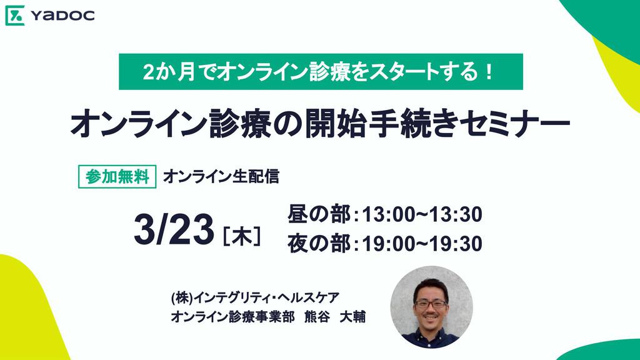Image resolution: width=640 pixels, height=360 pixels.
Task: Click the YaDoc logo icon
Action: click(x=15, y=16)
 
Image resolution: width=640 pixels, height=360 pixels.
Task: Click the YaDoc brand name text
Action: click(x=63, y=16)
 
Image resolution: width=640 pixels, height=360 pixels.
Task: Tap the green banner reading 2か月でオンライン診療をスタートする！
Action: click(x=321, y=71)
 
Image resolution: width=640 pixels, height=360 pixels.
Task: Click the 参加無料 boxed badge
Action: click(x=117, y=177)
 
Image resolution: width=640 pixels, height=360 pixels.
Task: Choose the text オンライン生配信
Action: click(x=221, y=177)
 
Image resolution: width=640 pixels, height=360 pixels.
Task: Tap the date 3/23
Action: click(x=174, y=229)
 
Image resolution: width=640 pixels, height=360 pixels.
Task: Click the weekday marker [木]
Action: click(x=242, y=236)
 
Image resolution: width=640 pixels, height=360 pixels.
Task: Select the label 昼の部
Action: click(x=319, y=214)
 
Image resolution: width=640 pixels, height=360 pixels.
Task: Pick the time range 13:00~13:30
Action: click(x=422, y=215)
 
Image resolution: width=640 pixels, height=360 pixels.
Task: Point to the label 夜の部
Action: click(x=319, y=244)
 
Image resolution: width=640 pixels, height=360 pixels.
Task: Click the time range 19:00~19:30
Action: click(x=422, y=244)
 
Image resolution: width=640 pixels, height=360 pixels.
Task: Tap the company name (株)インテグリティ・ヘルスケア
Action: click(x=255, y=298)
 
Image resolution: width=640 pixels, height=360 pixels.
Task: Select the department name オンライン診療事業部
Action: click(x=232, y=317)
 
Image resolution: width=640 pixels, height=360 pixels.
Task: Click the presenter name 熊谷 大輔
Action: click(x=335, y=317)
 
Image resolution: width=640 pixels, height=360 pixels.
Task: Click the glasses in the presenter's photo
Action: click(x=431, y=304)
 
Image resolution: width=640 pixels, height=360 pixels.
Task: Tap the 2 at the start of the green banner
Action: click(x=147, y=72)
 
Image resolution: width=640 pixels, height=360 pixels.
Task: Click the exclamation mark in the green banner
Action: click(x=489, y=72)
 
